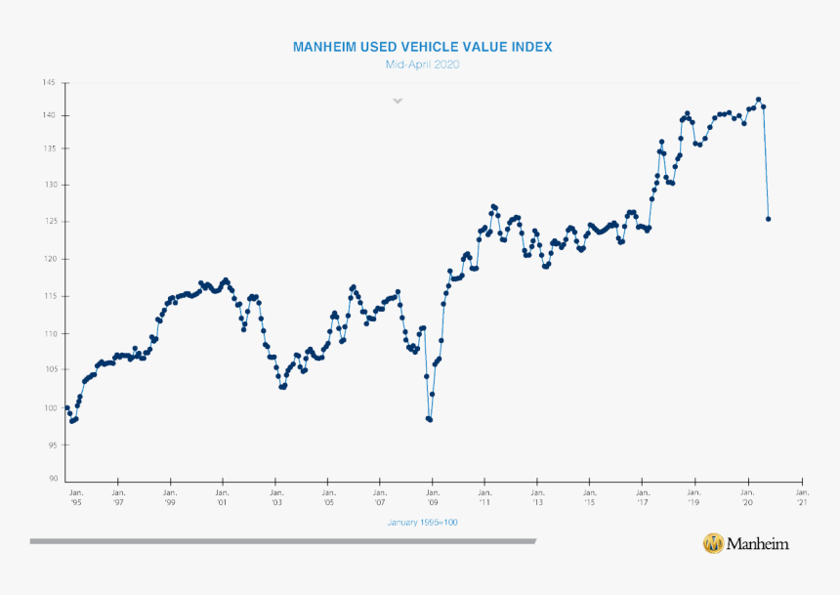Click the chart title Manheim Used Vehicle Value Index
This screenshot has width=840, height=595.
(423, 47)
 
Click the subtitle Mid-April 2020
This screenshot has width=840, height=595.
(423, 64)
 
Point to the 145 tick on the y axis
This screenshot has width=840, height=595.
(48, 82)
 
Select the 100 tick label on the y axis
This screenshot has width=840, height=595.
(48, 407)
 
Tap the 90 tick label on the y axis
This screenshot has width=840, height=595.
(50, 480)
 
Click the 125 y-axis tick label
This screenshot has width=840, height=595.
(48, 222)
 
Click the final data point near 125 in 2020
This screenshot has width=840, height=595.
(768, 219)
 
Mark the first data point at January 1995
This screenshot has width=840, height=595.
(66, 407)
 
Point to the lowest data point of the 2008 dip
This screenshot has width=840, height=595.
(430, 419)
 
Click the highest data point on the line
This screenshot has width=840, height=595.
(758, 100)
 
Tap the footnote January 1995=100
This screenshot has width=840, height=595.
(422, 523)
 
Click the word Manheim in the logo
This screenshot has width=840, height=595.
(759, 543)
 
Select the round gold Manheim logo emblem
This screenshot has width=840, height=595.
(714, 543)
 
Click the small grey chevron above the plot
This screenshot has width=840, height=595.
(398, 101)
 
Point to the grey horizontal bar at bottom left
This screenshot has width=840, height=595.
(282, 540)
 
